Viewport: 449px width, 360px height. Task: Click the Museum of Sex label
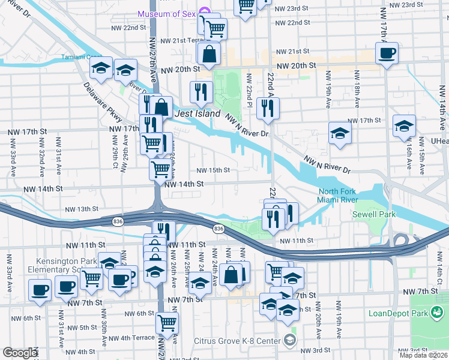click(x=167, y=13)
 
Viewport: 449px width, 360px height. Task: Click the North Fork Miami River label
click(x=338, y=196)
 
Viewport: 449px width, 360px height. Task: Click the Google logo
click(x=20, y=353)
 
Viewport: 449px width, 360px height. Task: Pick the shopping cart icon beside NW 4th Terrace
click(x=167, y=323)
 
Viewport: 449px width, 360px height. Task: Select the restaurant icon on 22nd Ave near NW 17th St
click(x=267, y=108)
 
